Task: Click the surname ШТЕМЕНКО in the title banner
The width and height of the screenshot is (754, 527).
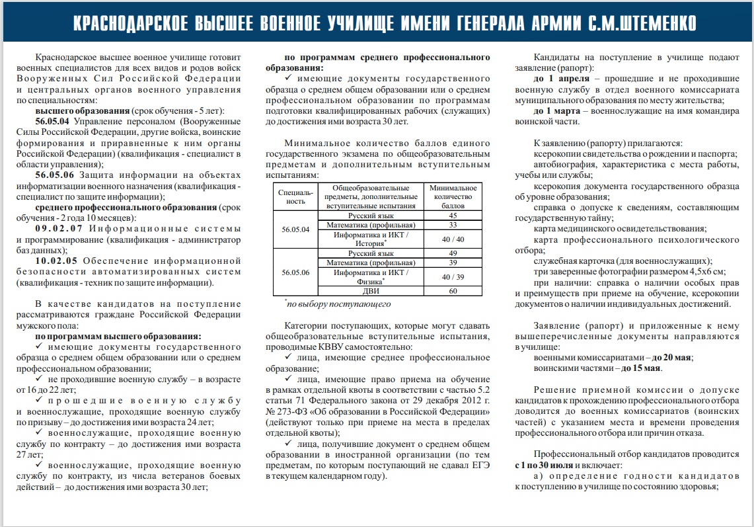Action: click(x=642, y=24)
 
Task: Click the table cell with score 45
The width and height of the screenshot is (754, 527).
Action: click(x=453, y=216)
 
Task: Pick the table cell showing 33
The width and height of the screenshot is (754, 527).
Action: click(x=453, y=225)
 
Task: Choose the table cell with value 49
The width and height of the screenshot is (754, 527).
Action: click(x=453, y=253)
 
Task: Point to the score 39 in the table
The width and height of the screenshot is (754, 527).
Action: click(x=453, y=263)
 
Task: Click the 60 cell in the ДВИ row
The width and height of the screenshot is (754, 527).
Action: click(x=453, y=291)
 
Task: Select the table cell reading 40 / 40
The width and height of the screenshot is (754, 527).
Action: click(x=453, y=239)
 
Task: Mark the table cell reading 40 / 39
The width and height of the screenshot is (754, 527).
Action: click(x=453, y=277)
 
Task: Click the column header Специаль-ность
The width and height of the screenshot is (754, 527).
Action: click(x=295, y=197)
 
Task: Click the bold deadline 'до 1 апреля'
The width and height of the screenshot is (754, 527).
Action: click(x=560, y=78)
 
